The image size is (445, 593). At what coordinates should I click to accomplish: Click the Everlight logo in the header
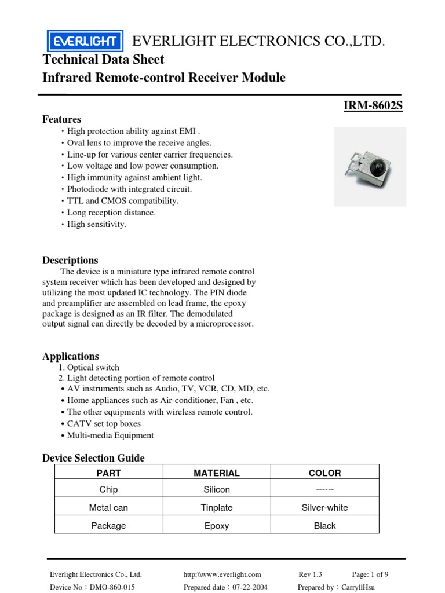click(x=85, y=41)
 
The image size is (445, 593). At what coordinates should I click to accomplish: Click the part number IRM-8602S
click(x=373, y=105)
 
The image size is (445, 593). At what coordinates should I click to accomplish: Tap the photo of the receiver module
click(x=370, y=167)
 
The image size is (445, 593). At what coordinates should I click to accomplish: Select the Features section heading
click(x=62, y=119)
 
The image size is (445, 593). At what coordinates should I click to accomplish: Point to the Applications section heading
click(x=71, y=356)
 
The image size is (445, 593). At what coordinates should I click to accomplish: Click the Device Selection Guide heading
click(x=93, y=458)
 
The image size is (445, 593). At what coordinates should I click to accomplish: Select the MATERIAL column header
click(x=217, y=473)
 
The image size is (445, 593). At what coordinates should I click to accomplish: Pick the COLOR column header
click(x=324, y=473)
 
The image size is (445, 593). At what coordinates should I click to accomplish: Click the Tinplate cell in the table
click(x=217, y=507)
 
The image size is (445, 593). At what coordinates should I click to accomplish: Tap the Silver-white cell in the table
click(x=324, y=507)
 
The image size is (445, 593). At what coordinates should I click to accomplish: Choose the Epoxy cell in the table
click(x=217, y=526)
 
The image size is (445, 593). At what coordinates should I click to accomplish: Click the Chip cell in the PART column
click(x=108, y=489)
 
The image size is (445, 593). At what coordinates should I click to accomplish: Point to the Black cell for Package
click(x=324, y=526)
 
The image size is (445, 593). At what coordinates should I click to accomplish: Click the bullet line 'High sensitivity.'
click(x=96, y=224)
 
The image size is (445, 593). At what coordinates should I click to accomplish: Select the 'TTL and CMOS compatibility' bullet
click(x=123, y=201)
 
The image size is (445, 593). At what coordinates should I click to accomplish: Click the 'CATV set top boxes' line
click(x=104, y=423)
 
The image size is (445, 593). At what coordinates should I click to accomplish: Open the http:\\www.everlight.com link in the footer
click(x=222, y=574)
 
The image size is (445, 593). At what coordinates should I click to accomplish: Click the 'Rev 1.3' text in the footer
click(x=310, y=574)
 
